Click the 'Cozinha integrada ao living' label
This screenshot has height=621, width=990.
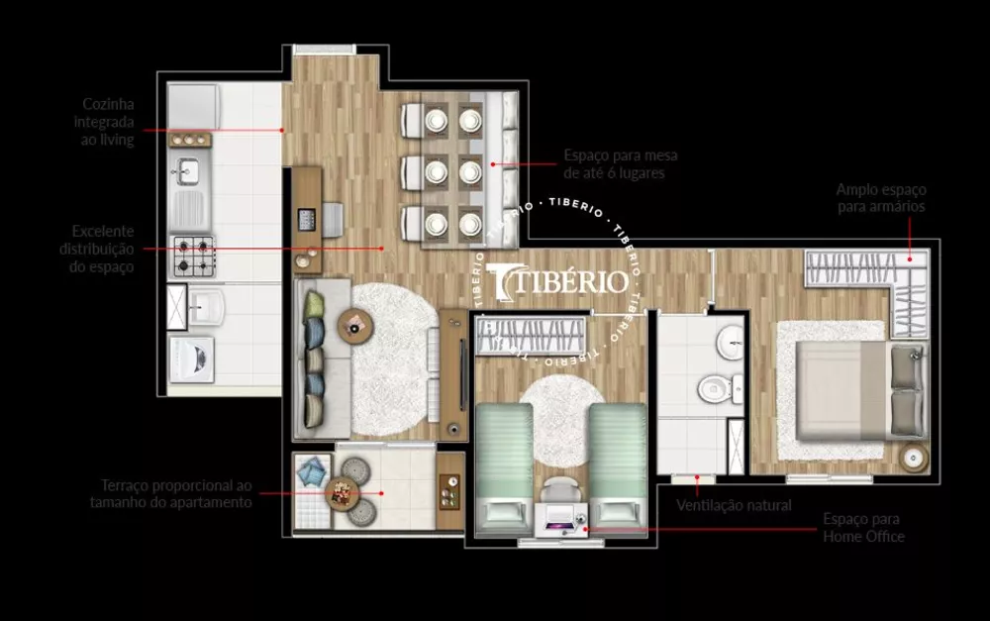(107, 122)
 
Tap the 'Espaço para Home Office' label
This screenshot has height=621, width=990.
(863, 527)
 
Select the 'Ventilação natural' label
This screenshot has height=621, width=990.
(734, 506)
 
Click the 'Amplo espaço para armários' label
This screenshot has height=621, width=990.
(880, 197)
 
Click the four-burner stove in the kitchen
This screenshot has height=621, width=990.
(194, 257)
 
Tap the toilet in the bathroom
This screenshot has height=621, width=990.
(713, 388)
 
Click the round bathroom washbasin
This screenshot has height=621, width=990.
(732, 343)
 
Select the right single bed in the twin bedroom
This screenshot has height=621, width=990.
(619, 462)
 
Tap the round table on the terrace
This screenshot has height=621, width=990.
(343, 492)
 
